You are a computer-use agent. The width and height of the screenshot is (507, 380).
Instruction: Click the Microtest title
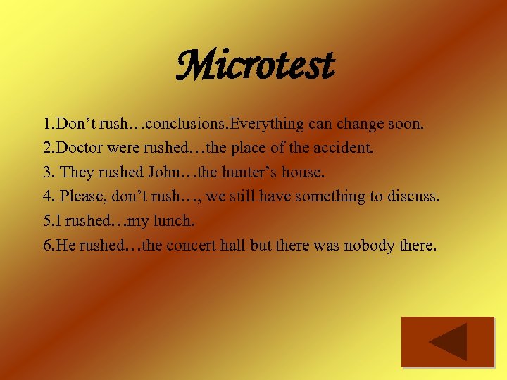coord(254,65)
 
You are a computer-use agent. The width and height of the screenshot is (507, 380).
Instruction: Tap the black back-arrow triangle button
coord(448,342)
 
